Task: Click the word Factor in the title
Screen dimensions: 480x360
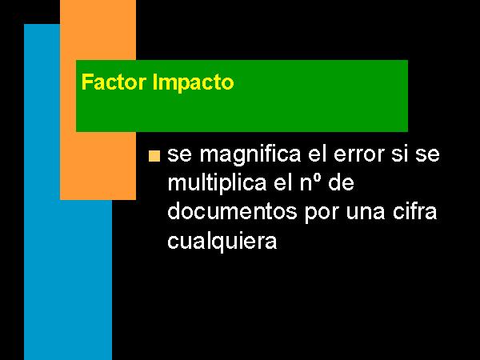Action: coord(114,82)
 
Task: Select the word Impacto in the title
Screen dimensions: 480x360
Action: coord(193,83)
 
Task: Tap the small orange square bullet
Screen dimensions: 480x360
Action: coord(154,156)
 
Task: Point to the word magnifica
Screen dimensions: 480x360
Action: coord(250,155)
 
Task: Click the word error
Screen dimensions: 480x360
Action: coord(359,154)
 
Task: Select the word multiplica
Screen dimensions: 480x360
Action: coord(217,183)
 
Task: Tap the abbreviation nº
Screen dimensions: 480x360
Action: coord(310,183)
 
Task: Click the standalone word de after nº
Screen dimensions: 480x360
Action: coord(341,182)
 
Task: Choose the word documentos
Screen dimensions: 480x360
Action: coord(232,211)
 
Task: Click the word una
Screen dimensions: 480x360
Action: coord(366,213)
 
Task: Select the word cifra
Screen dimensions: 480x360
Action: coord(414,211)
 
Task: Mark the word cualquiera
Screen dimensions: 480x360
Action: coord(222,242)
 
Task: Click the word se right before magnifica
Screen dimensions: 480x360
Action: coord(180,155)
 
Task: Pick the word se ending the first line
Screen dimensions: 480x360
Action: coord(427,155)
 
